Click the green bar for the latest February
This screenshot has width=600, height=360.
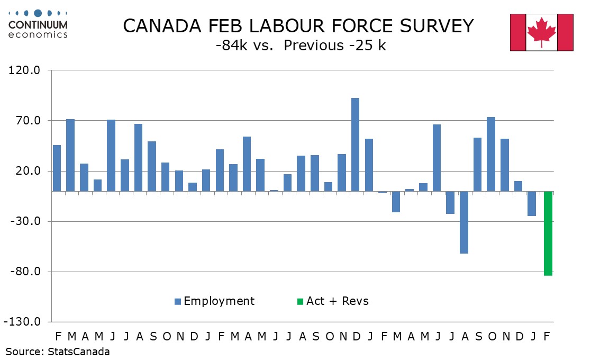tap(548, 233)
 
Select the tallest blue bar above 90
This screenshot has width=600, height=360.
tap(355, 145)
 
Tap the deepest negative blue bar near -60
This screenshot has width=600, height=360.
tap(463, 222)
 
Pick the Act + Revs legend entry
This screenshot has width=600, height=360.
tap(332, 301)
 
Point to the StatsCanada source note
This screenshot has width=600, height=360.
tap(58, 352)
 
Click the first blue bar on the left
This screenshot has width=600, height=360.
tap(57, 168)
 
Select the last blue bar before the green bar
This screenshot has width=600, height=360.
tap(532, 204)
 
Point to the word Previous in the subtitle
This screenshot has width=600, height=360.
tap(313, 46)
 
